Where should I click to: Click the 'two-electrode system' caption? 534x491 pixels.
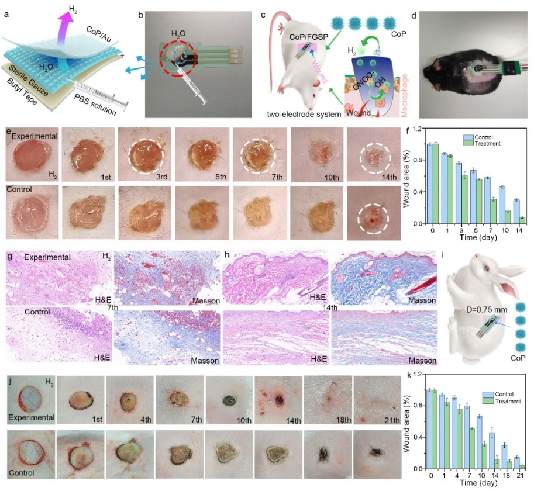pos(303,115)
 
